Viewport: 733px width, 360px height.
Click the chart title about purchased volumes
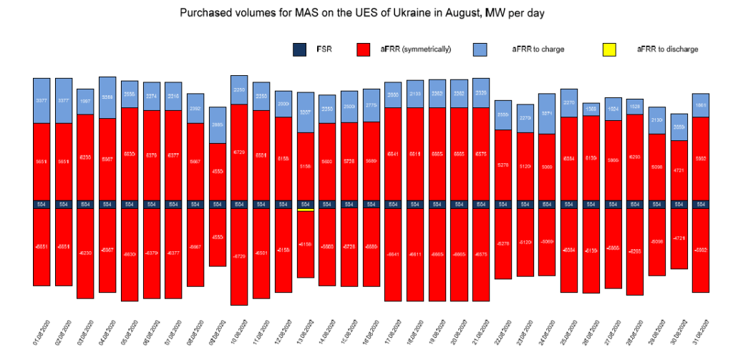tap(366, 13)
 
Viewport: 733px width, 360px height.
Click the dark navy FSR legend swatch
tap(300, 49)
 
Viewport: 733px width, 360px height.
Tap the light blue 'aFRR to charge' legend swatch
tap(480, 49)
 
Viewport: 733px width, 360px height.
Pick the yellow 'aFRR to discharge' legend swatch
tap(608, 49)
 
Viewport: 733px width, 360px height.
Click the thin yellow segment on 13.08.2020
tap(306, 210)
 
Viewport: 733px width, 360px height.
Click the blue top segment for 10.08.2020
tap(240, 89)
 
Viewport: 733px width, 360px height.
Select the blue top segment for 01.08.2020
tap(42, 100)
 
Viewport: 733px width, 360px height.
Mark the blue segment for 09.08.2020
tap(218, 125)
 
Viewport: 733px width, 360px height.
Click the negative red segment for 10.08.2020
tap(240, 256)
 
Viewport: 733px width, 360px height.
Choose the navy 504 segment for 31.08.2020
tap(701, 204)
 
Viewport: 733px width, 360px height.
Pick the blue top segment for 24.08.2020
tap(547, 114)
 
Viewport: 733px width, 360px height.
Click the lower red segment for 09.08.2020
tap(218, 237)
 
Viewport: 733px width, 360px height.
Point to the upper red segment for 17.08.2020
tap(393, 154)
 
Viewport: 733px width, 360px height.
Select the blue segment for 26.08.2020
tap(591, 109)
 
